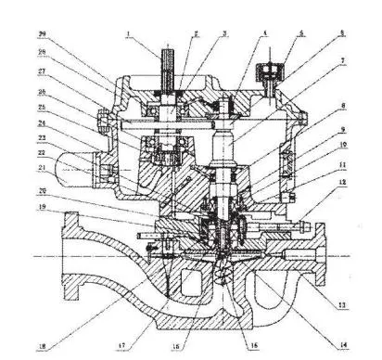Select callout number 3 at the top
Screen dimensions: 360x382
(x=224, y=33)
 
